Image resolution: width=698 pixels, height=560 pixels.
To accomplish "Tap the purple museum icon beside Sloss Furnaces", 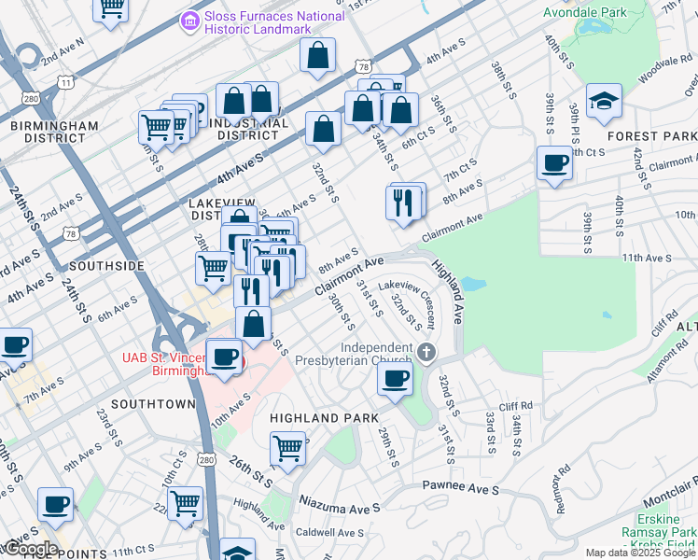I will point(190,19).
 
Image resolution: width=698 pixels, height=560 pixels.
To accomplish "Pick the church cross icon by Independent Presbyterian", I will point(427,354).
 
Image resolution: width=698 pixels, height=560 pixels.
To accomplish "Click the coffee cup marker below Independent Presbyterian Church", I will point(396,379).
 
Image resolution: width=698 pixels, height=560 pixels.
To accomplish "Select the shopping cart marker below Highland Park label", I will point(289,448).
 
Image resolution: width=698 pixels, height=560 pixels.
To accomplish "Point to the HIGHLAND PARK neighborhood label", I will point(324,418).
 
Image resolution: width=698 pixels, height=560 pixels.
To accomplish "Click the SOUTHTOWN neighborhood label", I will point(152,404).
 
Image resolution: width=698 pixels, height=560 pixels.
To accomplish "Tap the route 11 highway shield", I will point(66,82).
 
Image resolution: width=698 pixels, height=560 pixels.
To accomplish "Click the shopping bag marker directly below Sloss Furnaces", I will point(318,55).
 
